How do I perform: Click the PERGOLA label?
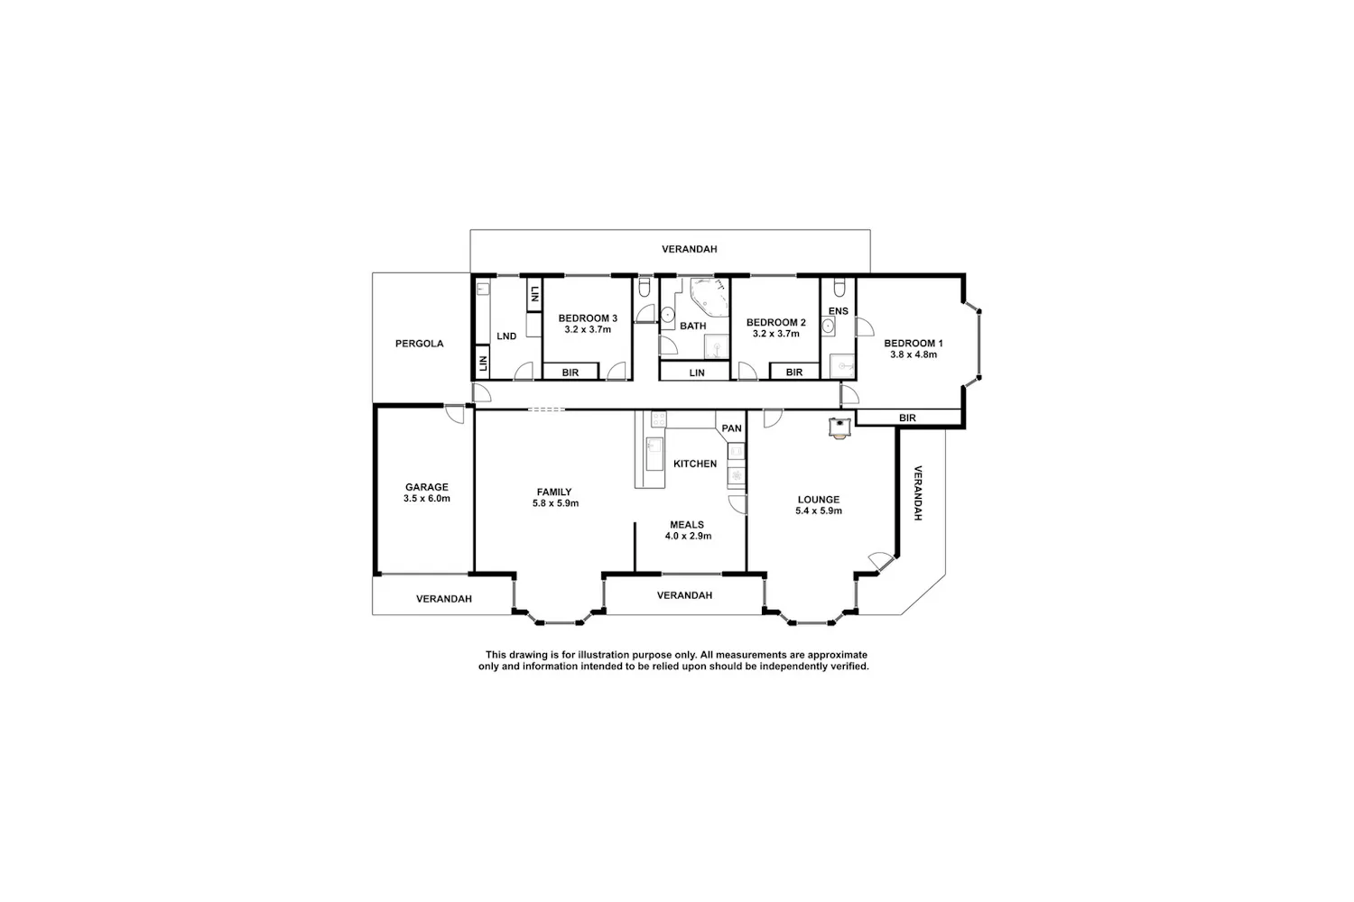419,344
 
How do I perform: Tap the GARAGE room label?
427,487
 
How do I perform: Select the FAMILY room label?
554,492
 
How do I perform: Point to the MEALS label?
687,525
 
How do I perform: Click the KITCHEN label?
695,464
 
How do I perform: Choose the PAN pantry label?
731,428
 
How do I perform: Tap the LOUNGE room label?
819,500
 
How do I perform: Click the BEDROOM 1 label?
913,343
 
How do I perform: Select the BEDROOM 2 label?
776,323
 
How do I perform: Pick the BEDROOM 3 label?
588,318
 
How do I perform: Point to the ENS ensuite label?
839,311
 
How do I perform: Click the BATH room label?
692,327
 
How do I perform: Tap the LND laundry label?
506,336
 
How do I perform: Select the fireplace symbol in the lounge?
839,428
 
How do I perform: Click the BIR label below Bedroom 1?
907,418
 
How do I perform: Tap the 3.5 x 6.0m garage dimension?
427,499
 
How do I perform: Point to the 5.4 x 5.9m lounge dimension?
819,511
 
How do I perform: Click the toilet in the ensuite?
839,288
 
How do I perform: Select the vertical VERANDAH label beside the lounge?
918,493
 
